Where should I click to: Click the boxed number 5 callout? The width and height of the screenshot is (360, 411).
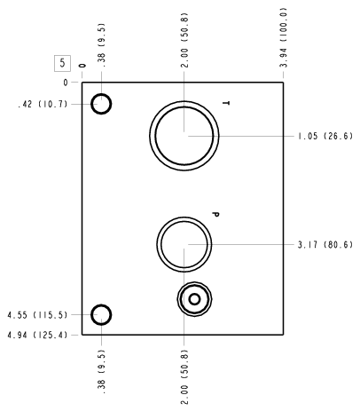click(62, 63)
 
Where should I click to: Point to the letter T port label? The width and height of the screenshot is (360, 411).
click(226, 103)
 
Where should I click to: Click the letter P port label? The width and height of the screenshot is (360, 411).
click(215, 214)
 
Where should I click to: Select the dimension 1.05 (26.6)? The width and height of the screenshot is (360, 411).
click(325, 136)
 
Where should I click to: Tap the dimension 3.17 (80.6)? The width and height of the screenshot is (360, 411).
click(325, 245)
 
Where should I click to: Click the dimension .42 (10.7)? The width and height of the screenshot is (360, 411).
click(43, 104)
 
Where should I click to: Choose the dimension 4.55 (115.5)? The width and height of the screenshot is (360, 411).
click(37, 315)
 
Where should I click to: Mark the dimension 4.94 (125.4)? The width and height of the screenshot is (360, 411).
click(37, 335)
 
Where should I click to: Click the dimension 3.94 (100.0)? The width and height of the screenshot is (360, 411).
click(284, 37)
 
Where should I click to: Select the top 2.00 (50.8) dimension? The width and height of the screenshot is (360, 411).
click(184, 40)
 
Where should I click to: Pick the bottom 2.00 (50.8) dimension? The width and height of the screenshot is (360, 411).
click(184, 377)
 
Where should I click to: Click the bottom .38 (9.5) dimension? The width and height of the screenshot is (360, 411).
click(101, 372)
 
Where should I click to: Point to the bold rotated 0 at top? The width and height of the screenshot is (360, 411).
click(82, 66)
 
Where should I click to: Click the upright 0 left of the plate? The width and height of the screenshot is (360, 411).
click(66, 83)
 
